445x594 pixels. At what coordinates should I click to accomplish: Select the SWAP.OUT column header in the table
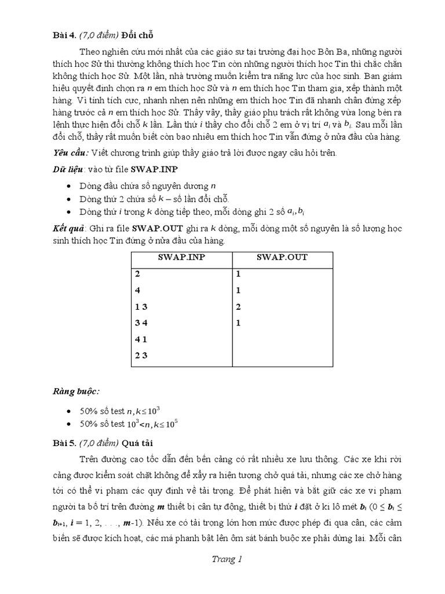[x=283, y=258]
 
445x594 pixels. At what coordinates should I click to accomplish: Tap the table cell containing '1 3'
[x=141, y=306]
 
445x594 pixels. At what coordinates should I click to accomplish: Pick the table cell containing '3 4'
[x=141, y=323]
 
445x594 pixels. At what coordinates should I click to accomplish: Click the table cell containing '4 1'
[x=141, y=339]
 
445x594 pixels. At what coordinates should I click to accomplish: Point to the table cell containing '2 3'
[x=141, y=356]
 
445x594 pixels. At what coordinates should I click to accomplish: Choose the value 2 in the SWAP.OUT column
[x=238, y=306]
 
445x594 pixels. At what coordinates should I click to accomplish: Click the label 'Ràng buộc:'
[x=74, y=392]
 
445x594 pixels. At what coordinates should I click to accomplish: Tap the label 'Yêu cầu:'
[x=70, y=153]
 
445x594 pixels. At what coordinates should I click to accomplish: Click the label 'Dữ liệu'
[x=65, y=169]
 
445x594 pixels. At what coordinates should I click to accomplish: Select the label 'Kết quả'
[x=67, y=229]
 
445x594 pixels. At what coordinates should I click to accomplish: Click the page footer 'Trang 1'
[x=222, y=560]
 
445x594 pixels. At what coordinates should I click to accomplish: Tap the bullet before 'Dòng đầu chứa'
[x=70, y=186]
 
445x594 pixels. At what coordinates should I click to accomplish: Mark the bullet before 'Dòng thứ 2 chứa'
[x=70, y=199]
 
